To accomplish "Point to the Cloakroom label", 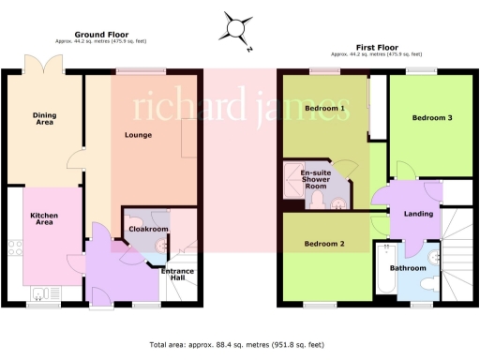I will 148,228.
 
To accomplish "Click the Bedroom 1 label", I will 324,109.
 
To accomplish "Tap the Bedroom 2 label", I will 324,244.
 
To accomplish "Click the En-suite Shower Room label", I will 315,179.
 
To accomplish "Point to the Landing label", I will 418,213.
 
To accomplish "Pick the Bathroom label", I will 409,268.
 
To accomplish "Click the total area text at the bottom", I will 240,345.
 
